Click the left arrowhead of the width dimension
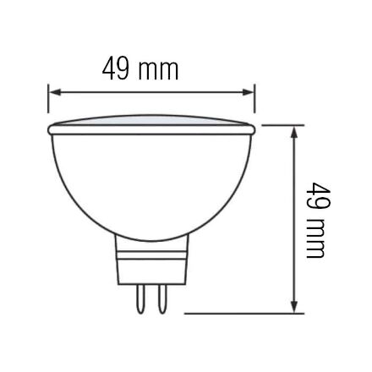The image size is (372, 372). pos(52,91)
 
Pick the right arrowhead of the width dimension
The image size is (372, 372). pos(249,91)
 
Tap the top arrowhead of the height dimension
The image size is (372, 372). pos(294,131)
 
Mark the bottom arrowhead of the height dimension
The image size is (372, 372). pos(294,308)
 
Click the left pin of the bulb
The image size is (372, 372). pos(139,298)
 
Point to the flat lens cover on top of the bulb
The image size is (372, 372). pos(152,123)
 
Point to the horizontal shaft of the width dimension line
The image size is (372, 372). pos(152,91)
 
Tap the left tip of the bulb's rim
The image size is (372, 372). pos(49,129)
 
